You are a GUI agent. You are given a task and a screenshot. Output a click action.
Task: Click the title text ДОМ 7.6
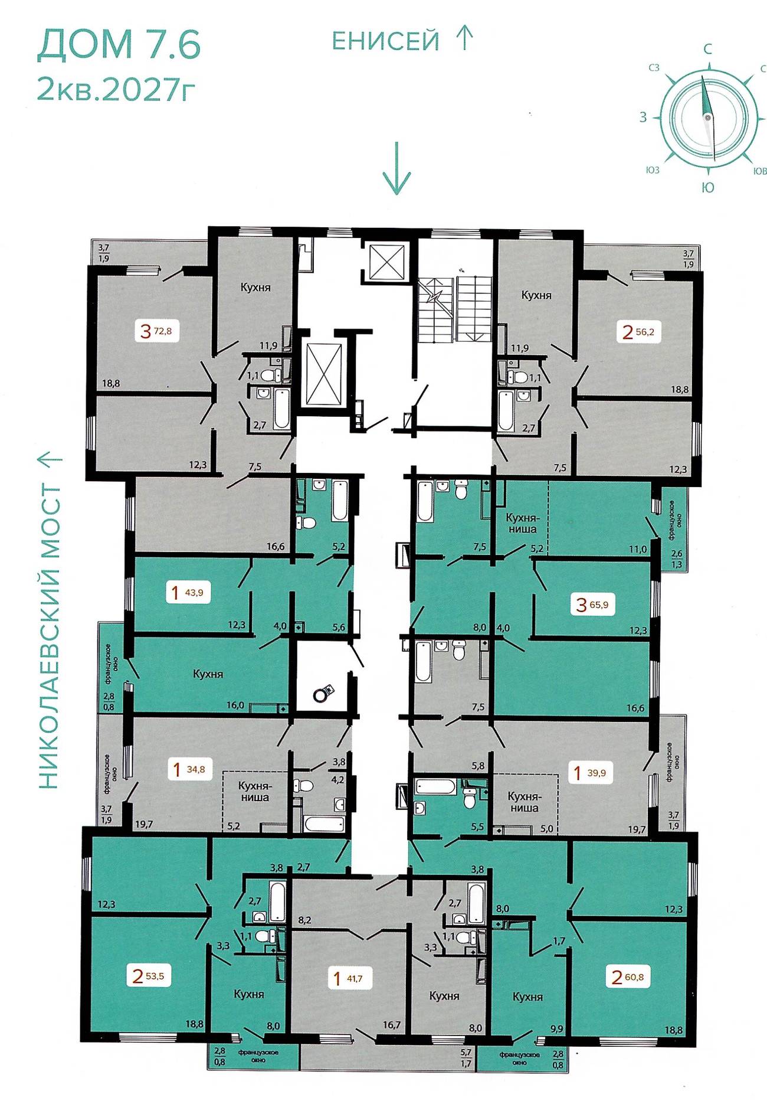(x=119, y=45)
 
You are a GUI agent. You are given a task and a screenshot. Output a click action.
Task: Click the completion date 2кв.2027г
(x=116, y=89)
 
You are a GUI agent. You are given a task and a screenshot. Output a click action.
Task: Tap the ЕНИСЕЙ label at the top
(x=386, y=41)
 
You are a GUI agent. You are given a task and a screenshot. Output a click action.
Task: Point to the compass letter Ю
(x=708, y=187)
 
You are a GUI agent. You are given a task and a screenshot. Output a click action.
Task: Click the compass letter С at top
(x=708, y=49)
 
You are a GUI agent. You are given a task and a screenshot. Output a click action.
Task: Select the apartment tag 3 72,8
(x=156, y=331)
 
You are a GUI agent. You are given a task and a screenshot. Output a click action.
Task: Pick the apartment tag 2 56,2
(x=638, y=331)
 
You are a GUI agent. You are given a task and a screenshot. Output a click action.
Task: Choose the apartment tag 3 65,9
(x=592, y=605)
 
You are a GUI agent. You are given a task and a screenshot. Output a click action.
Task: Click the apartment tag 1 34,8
(x=189, y=769)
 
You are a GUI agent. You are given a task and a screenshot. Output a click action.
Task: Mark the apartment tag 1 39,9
(x=591, y=772)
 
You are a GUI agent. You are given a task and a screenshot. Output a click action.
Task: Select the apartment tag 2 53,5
(x=149, y=976)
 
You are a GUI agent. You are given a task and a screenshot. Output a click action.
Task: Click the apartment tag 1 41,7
(x=348, y=978)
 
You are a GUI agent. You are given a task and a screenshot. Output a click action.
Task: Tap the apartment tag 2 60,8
(x=628, y=977)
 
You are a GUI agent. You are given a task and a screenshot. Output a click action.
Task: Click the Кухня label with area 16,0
(x=208, y=674)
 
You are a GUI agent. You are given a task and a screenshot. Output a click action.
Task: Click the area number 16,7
(x=392, y=1024)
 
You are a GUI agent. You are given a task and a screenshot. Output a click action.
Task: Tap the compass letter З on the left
(x=643, y=117)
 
